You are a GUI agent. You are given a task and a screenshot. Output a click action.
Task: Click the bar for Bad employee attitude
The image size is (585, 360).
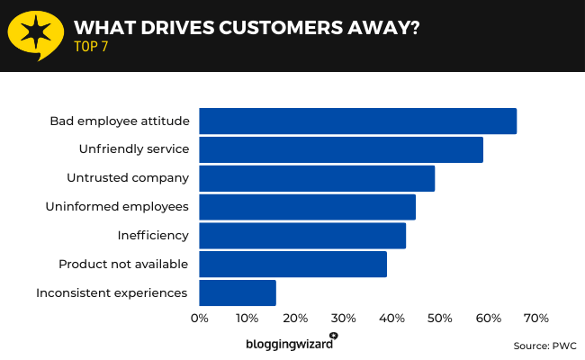[357, 121]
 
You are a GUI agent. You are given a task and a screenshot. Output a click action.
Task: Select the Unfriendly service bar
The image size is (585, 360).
[341, 149]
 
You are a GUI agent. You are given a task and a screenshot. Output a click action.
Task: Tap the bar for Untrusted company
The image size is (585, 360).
[317, 178]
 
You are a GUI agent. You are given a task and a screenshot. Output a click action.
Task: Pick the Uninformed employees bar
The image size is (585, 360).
[307, 207]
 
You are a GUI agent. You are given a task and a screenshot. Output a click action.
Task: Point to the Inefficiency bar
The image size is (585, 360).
[302, 236]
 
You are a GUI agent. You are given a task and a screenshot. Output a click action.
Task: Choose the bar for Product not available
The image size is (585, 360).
[292, 264]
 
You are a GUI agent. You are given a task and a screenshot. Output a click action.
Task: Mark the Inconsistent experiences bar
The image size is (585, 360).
[238, 292]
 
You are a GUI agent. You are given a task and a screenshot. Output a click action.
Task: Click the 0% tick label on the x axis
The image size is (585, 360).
[199, 319]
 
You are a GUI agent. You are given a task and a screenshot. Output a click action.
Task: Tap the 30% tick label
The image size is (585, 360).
[343, 319]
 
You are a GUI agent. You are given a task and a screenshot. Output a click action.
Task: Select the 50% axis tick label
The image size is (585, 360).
[440, 319]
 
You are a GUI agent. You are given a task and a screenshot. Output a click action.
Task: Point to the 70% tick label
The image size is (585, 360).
[535, 319]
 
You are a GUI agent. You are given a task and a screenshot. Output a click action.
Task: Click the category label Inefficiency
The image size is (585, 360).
[153, 236]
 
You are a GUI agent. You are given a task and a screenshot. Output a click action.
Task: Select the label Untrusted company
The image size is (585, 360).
[128, 178]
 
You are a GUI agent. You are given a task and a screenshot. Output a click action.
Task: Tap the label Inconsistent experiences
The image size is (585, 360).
[112, 292]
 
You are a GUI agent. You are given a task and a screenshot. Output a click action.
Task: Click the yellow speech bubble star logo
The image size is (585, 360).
[35, 35]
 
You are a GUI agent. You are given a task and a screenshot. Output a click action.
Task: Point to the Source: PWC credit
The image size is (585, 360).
[544, 346]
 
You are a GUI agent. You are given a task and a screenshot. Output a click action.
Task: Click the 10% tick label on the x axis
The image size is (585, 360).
[247, 319]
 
